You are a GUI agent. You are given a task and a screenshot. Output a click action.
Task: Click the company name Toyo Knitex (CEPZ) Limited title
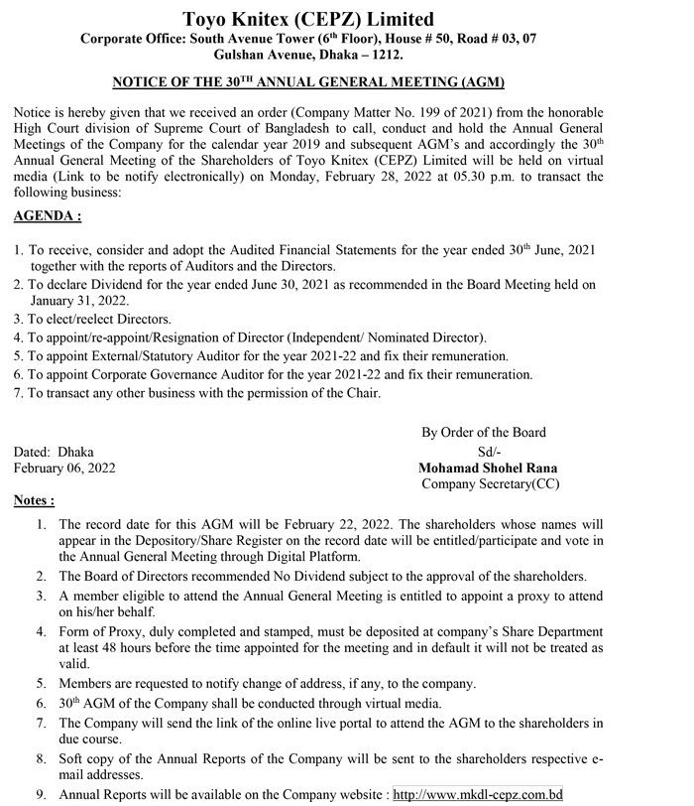coord(308,19)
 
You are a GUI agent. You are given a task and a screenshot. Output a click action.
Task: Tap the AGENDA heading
coord(48,215)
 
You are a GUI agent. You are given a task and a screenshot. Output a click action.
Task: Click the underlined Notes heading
coord(35,500)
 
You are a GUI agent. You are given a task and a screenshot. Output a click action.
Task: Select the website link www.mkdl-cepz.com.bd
coord(478,795)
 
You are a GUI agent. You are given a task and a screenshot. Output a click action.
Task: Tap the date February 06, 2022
coord(63,468)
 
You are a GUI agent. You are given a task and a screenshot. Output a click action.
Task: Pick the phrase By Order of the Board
coord(484,432)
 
